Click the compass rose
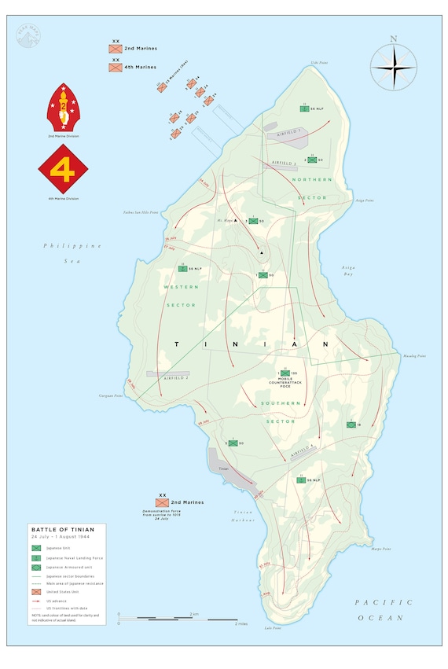coord(393,66)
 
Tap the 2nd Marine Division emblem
coord(63,108)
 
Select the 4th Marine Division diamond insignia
coord(63,169)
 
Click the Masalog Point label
coord(416,356)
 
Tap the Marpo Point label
coord(381,549)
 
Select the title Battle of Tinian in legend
coord(62,530)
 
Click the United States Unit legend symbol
coord(36,591)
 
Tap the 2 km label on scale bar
coord(193,612)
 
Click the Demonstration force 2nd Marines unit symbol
coord(163,502)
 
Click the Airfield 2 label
coord(174,378)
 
